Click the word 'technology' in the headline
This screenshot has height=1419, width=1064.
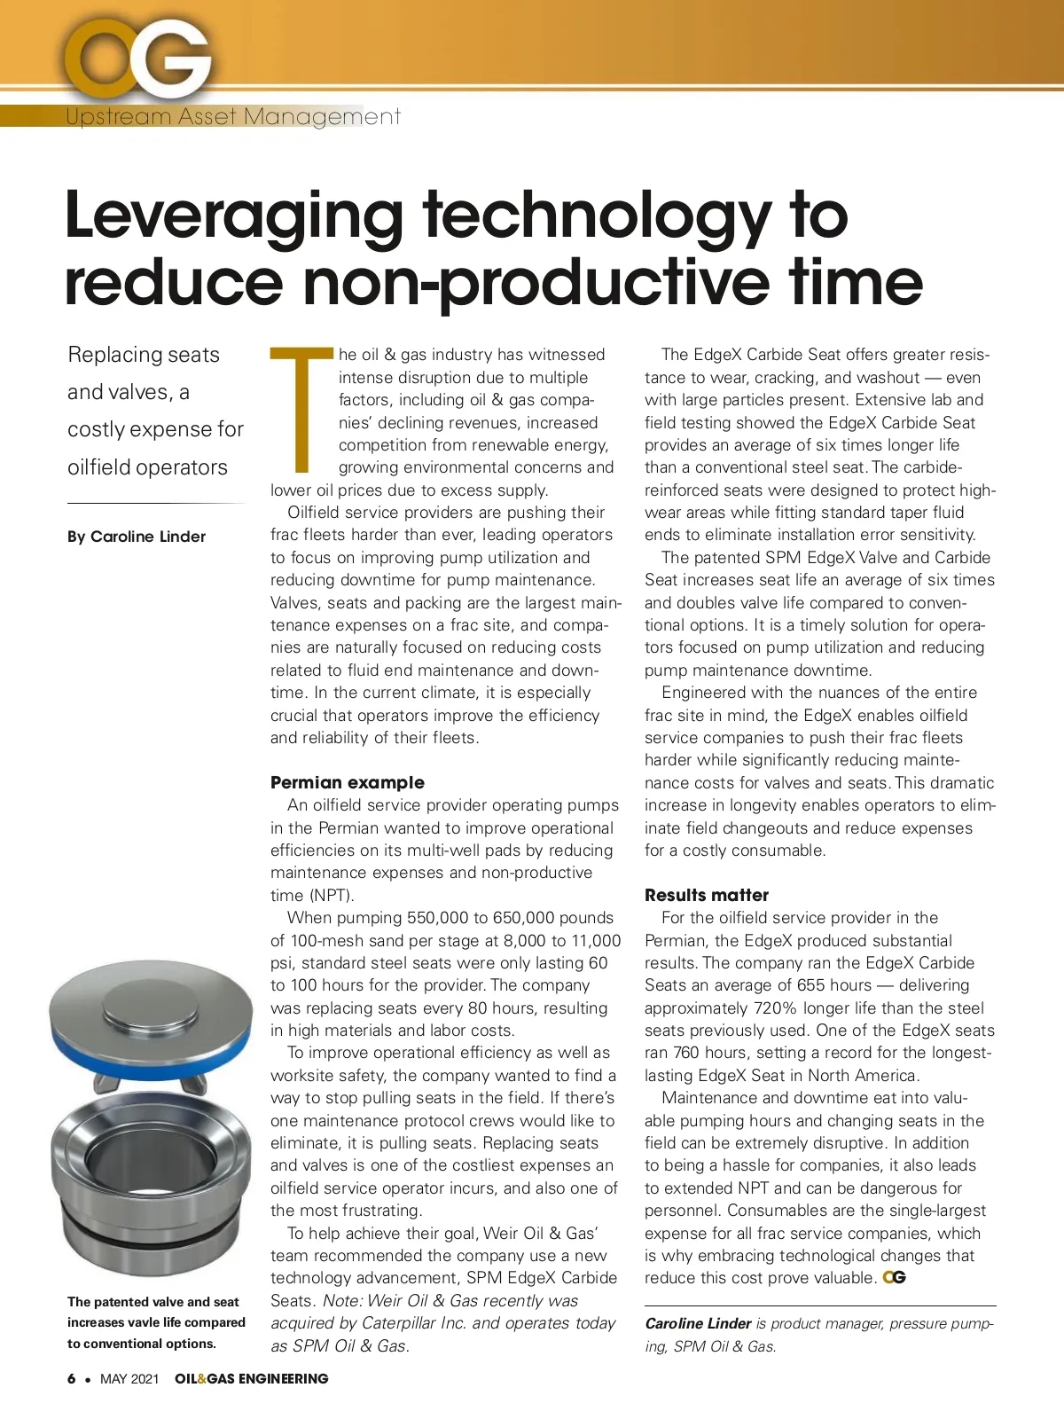597,216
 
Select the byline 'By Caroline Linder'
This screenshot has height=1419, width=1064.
137,537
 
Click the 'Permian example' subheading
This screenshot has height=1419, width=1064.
348,782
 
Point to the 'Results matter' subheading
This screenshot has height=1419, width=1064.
707,895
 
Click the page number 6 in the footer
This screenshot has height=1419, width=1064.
71,1378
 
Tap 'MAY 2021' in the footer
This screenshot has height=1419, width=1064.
129,1378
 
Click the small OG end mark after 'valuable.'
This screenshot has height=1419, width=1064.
895,1278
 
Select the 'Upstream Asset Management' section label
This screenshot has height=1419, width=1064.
233,116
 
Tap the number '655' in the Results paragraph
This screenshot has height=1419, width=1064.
809,985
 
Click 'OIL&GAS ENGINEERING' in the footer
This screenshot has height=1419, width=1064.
252,1378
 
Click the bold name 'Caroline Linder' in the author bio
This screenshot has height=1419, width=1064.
698,1323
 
